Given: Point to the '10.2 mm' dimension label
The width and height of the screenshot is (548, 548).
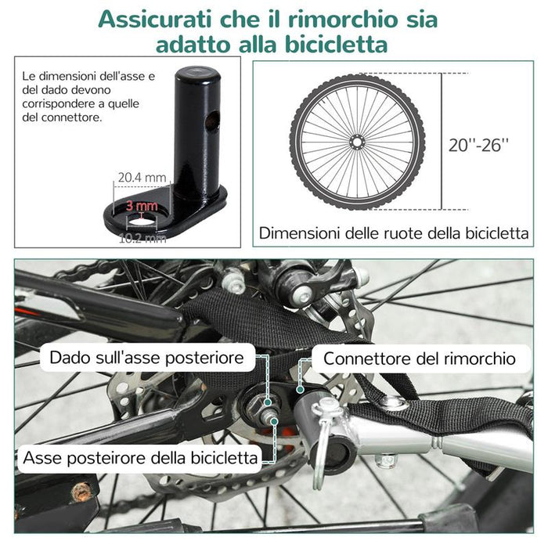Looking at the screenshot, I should point(142,238).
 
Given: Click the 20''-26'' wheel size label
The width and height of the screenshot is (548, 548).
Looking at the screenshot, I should point(480,144).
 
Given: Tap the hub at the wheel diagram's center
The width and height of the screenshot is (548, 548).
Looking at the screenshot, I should point(357,142).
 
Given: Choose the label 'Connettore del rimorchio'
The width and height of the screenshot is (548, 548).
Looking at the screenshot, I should point(420,359).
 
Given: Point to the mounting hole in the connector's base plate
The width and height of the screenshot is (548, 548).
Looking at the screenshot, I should point(142,224).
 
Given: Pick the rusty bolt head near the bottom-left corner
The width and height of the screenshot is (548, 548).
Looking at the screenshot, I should point(81,492).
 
